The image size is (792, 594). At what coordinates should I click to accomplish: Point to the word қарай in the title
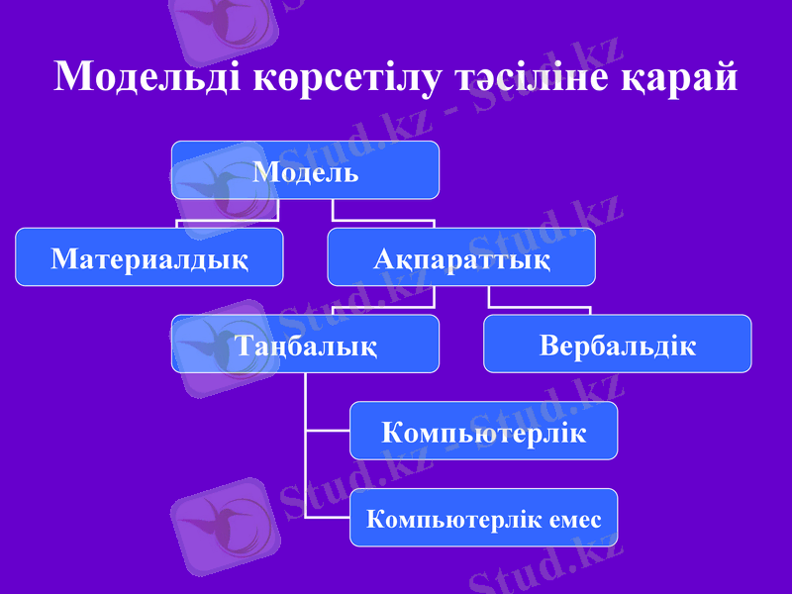pos(678,76)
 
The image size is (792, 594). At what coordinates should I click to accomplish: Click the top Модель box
pos(305,170)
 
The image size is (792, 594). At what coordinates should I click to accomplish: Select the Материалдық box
pos(148,257)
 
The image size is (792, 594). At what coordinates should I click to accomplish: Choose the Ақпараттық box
pos(461,257)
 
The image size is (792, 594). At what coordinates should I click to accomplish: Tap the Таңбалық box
pos(305,345)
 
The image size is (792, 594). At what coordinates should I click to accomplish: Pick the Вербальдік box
pos(617,345)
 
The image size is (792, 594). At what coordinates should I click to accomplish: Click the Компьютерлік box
pos(483,431)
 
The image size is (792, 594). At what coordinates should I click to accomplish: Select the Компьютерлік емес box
pos(483,517)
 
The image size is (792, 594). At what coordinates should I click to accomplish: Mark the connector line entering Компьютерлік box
pos(328,431)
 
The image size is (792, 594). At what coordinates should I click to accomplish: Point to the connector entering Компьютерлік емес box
pos(328,517)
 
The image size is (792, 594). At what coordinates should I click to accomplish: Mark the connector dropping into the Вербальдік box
pos(590,309)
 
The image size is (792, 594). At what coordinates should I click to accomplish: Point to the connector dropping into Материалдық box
pos(177,224)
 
